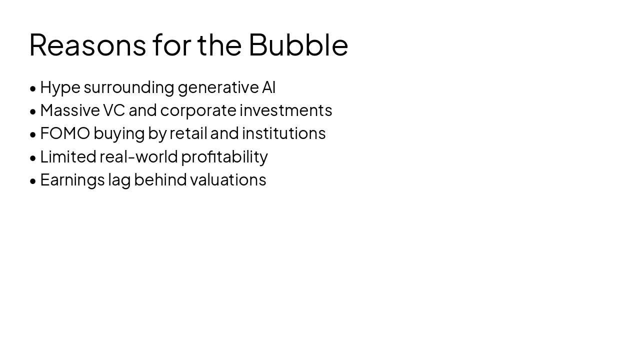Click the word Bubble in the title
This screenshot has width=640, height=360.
coord(298,44)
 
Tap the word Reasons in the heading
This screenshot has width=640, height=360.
coord(87,44)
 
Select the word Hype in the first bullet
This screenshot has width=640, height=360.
coord(60,87)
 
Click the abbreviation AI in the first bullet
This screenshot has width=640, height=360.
coord(268,87)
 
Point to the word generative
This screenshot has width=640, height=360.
coord(218,87)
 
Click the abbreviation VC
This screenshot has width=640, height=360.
coord(114,110)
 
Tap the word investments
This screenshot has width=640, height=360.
coord(285,110)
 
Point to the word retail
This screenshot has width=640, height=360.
coord(188,133)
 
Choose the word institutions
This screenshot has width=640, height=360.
coord(283,133)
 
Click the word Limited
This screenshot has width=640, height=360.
coord(68,156)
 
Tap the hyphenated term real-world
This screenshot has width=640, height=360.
coord(138,156)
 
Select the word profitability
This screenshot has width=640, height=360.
coord(224,157)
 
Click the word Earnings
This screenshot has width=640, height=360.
coord(72,180)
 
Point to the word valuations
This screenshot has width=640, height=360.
coord(228,179)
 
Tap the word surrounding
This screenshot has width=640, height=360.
coord(128,87)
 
